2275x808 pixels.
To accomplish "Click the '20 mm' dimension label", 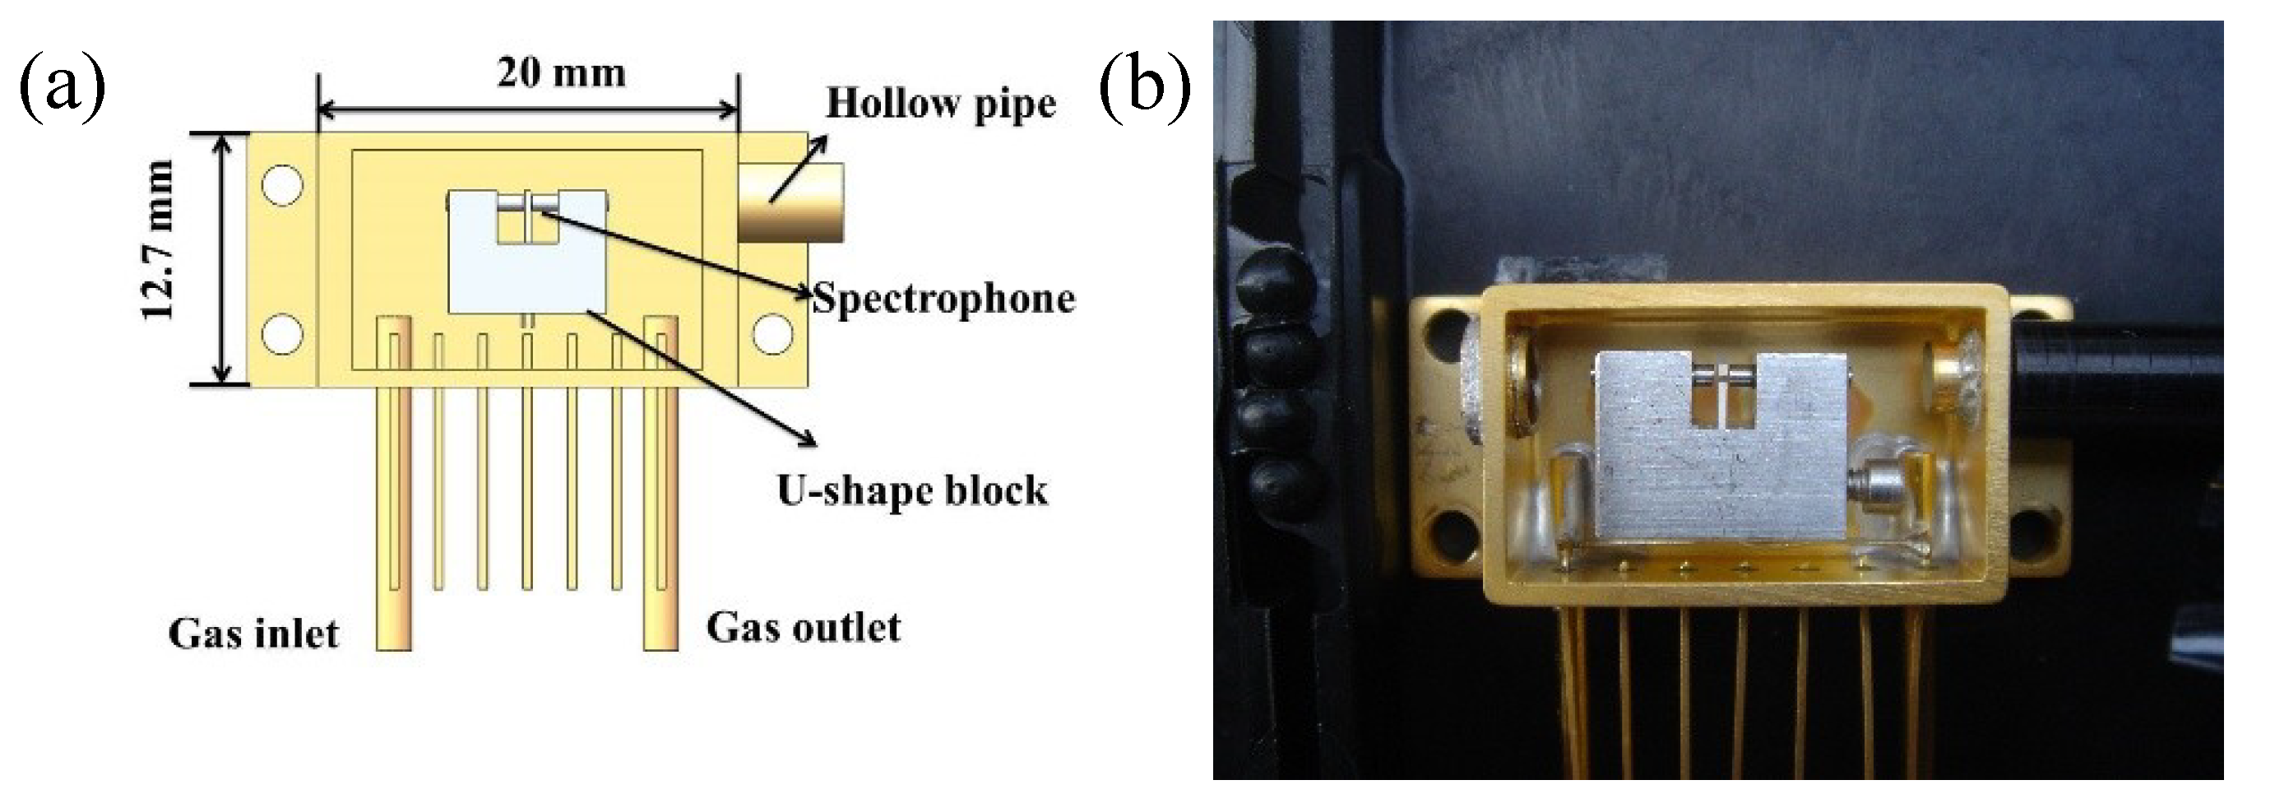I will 561,73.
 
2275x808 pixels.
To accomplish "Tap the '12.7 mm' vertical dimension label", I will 159,240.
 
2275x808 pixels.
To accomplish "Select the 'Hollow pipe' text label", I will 941,104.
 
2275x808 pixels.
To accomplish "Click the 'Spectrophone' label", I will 943,299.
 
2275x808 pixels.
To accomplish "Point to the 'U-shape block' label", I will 912,490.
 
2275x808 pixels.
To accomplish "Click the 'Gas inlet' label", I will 253,634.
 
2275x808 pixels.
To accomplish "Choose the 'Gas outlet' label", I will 804,628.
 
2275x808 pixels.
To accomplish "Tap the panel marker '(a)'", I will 62,88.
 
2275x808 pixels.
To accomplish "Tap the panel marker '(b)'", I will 1145,88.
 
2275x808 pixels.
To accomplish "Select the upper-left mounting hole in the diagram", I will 283,185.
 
